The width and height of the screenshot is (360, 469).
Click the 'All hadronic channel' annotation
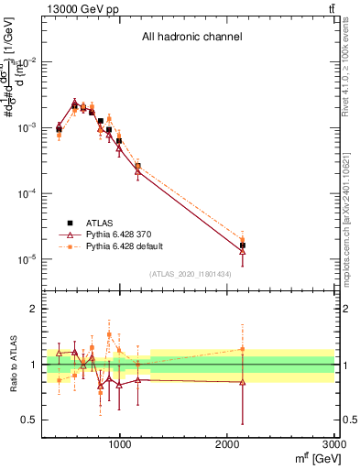[191, 38]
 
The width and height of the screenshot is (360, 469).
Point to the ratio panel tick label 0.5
[27, 420]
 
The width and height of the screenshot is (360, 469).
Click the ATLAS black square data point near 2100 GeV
[243, 245]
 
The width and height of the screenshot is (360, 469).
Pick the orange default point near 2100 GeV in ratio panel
[242, 349]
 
